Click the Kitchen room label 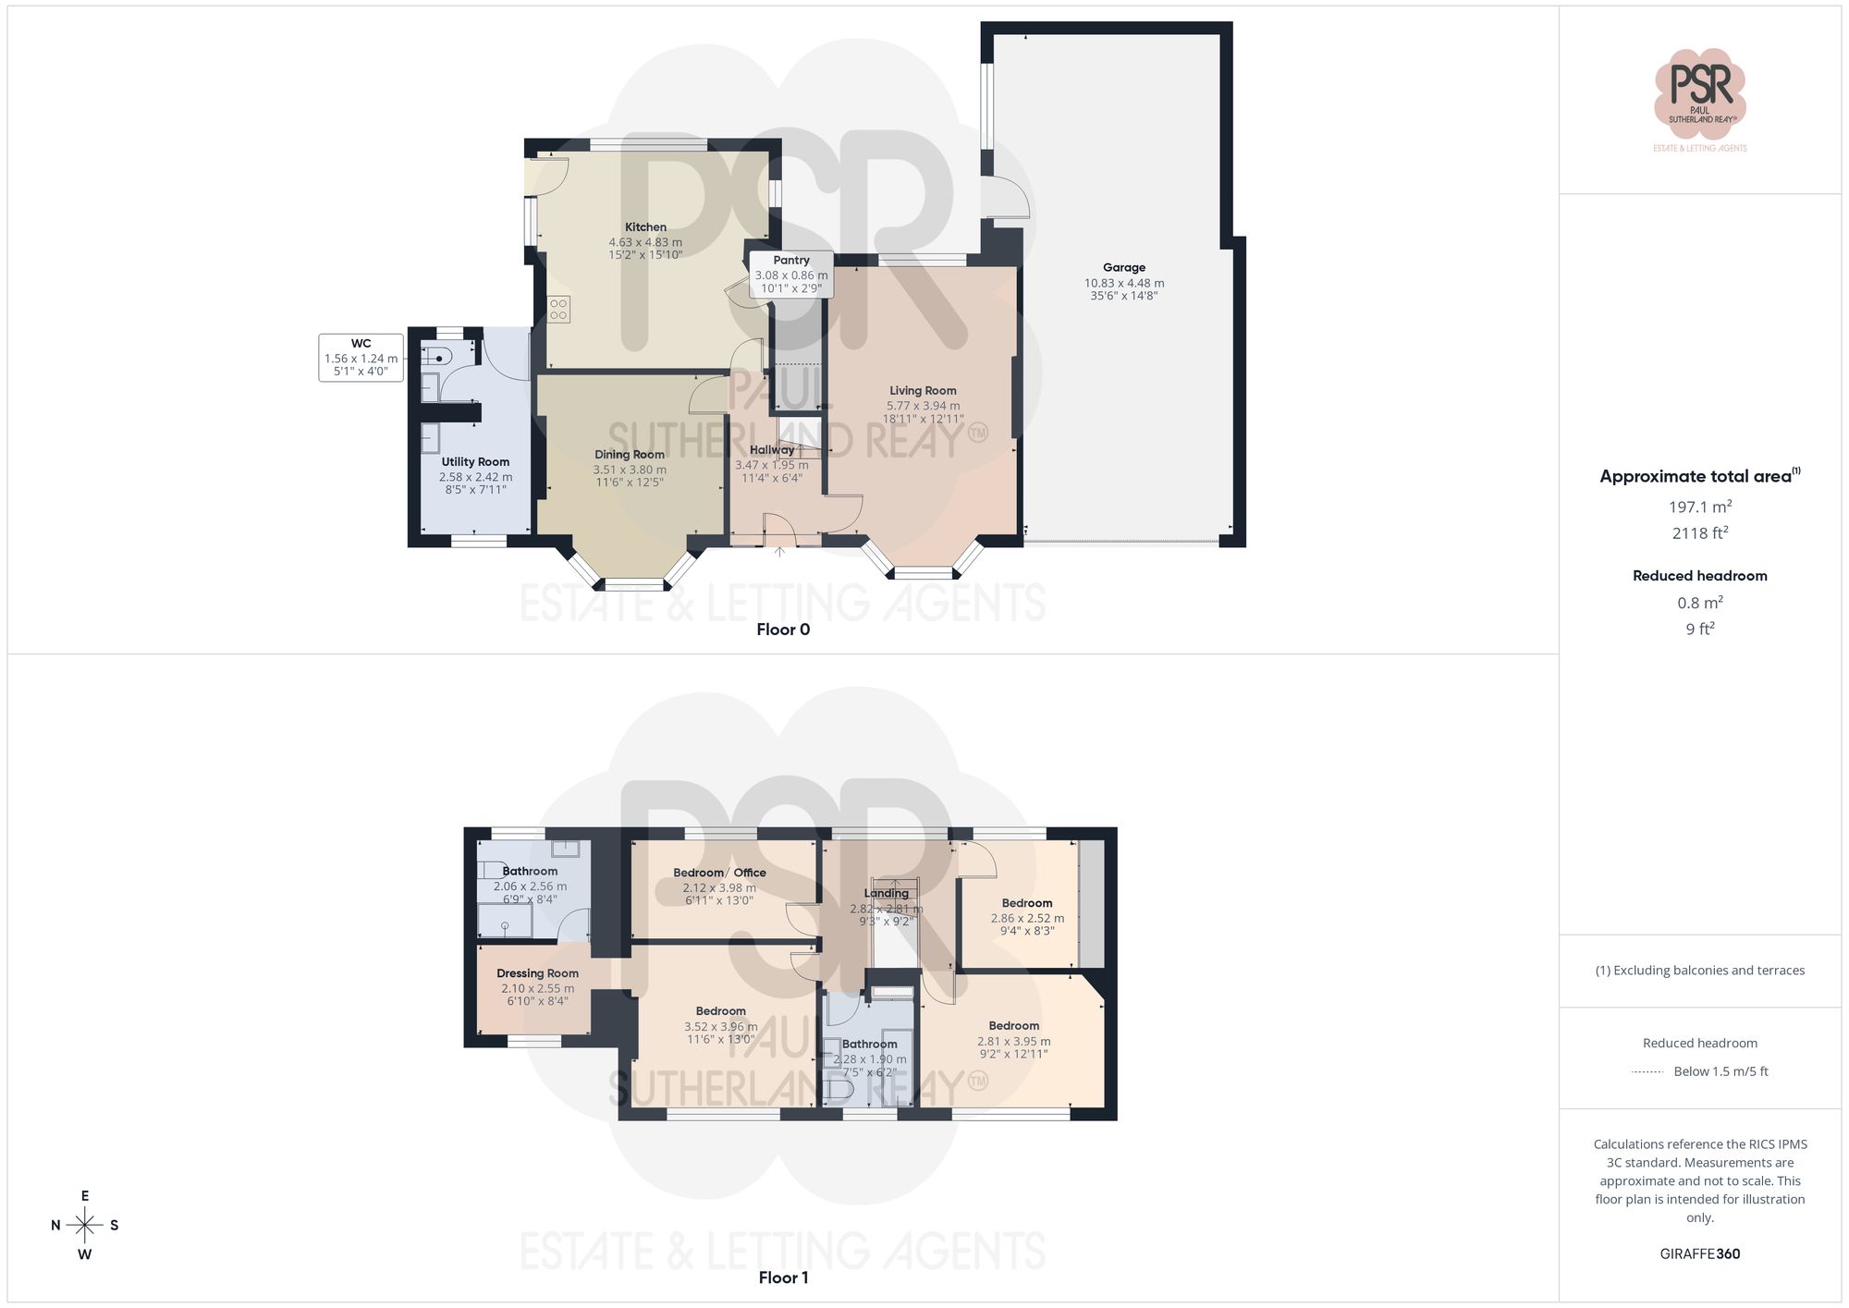(645, 227)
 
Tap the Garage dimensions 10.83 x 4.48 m (1124, 284)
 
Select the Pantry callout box (791, 275)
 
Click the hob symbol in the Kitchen (558, 309)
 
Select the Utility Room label (475, 462)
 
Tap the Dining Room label (630, 455)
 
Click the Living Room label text (923, 391)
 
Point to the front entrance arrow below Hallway (779, 552)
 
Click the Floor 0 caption (783, 630)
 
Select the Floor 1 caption (783, 1277)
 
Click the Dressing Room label (537, 973)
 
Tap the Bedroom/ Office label (719, 873)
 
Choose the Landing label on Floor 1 (886, 893)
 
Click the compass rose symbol (85, 1226)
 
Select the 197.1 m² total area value (1699, 507)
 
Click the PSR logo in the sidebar (1699, 92)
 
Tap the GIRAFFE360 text (1699, 1254)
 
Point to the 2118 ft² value (1699, 533)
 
